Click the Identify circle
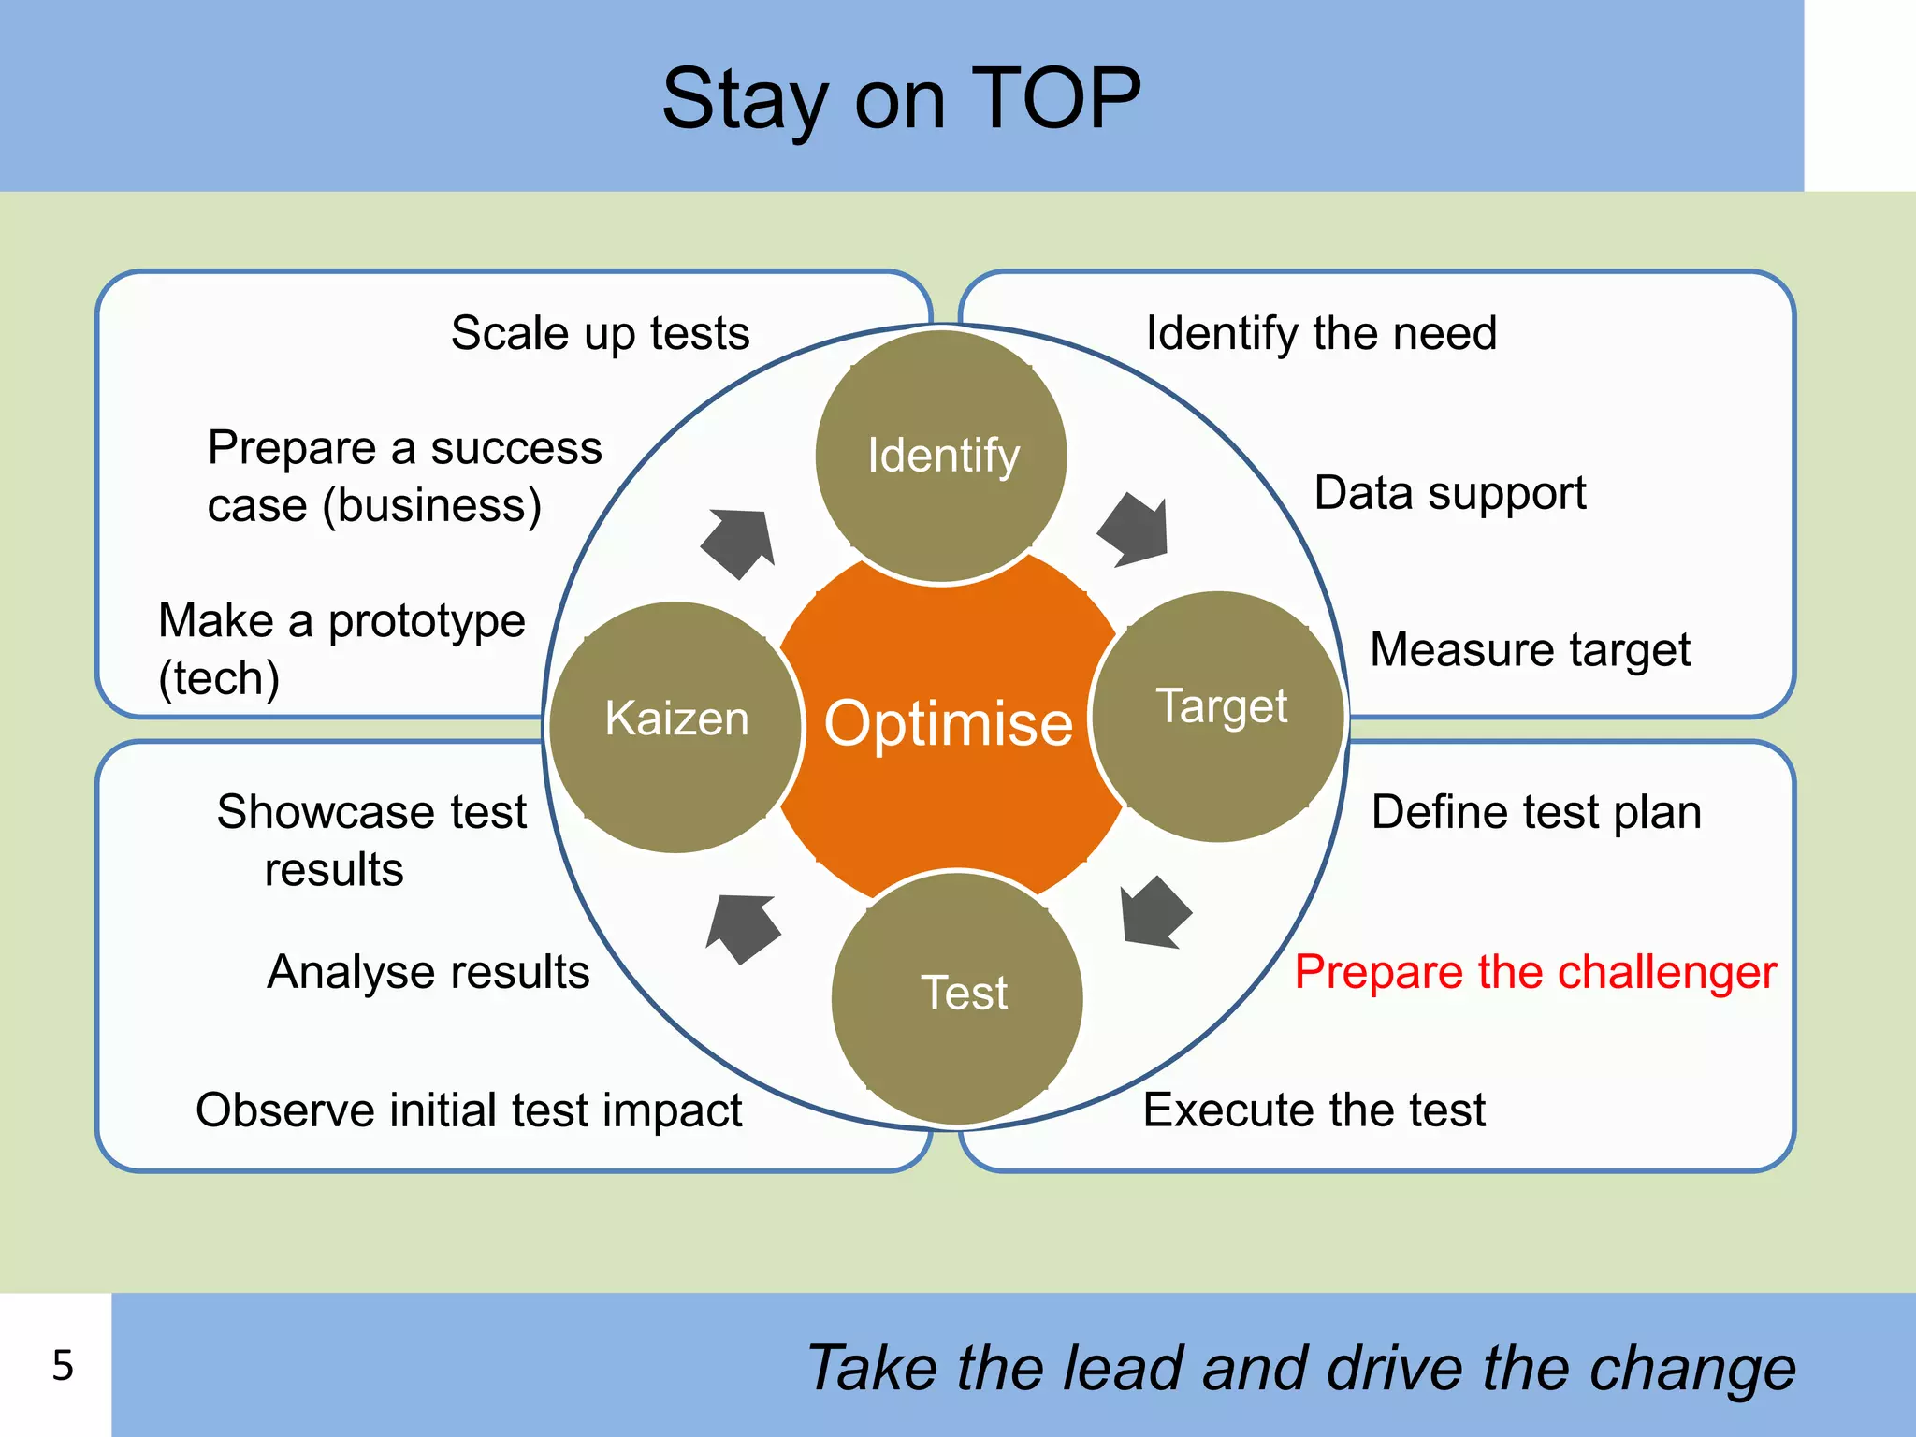tap(941, 457)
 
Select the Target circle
tap(1219, 717)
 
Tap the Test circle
tap(957, 997)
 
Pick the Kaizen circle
tap(675, 727)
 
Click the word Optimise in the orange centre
tap(948, 723)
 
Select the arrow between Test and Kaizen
tap(743, 927)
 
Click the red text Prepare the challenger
tap(1534, 972)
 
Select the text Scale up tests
tap(600, 333)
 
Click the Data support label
tap(1449, 493)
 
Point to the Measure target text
tap(1530, 649)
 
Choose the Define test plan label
tap(1535, 812)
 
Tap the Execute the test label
tap(1314, 1110)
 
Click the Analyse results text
tap(428, 972)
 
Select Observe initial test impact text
tap(469, 1110)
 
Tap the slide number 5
tap(63, 1365)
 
